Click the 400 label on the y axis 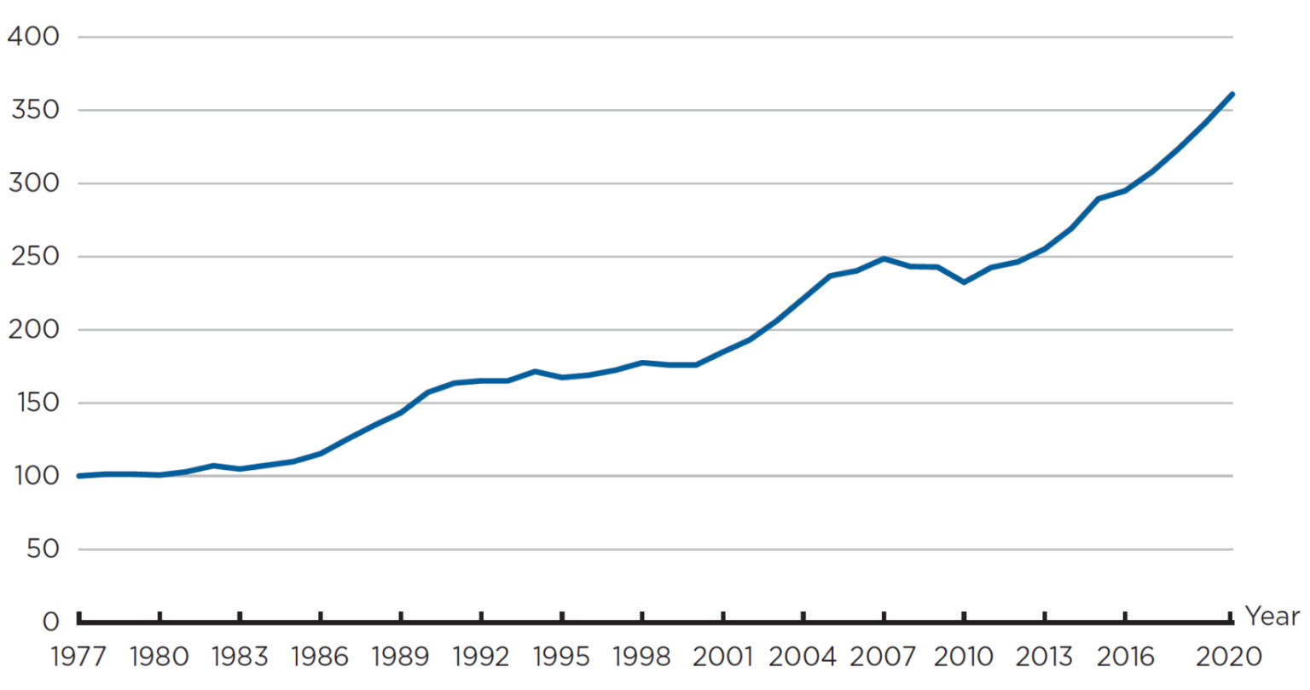tap(34, 37)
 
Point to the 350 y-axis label tap(34, 110)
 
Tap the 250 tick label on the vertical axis tap(34, 257)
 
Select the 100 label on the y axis tap(34, 476)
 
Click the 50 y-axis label tap(43, 549)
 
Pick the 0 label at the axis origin tap(51, 622)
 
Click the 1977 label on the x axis tap(78, 657)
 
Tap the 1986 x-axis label tap(320, 657)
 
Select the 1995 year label tap(561, 657)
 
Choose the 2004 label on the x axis tap(803, 657)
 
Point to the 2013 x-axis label tap(1045, 657)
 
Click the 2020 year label tap(1228, 657)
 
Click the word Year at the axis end tap(1272, 616)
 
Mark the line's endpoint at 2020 tap(1232, 94)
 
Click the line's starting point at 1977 tap(78, 476)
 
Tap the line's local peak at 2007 tap(884, 258)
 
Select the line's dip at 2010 tap(964, 281)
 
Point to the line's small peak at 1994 tap(535, 371)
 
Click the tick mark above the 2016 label tap(1125, 618)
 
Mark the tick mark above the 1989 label tap(401, 618)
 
